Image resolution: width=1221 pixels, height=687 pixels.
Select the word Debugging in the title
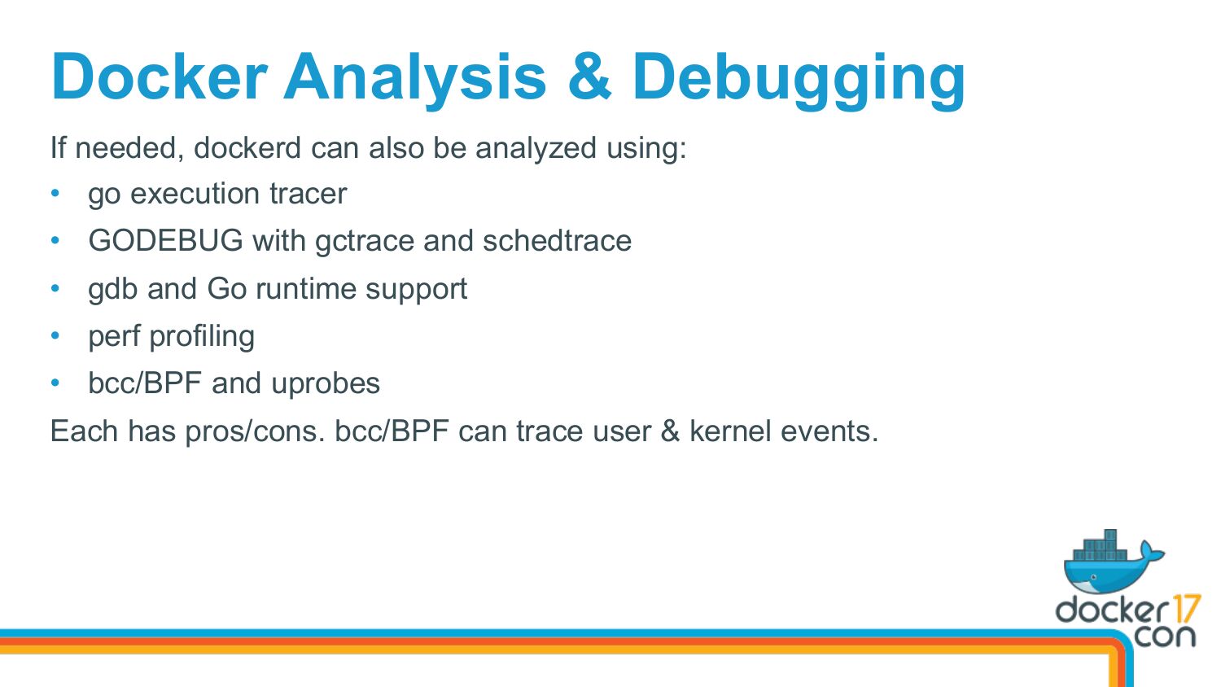(x=799, y=81)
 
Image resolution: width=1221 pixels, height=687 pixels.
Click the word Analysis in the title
(x=414, y=80)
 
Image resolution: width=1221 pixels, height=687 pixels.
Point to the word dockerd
(x=247, y=147)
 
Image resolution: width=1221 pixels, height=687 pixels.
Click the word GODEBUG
(x=166, y=240)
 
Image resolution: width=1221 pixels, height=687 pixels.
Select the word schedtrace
(x=557, y=240)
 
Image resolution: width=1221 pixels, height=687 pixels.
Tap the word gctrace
(x=365, y=243)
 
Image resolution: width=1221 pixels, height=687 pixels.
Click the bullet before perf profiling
(x=55, y=335)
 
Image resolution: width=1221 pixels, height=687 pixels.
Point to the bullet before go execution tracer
(x=55, y=192)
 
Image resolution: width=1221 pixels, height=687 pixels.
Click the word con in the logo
(x=1165, y=637)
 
